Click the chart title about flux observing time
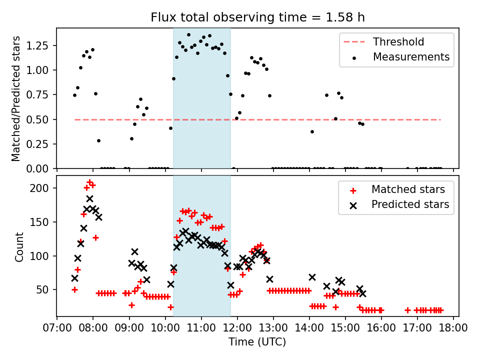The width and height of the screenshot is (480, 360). point(257,17)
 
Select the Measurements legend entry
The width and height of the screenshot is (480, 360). point(411,57)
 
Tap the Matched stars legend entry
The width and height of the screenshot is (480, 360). point(407,189)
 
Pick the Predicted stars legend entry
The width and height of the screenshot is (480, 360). point(410,204)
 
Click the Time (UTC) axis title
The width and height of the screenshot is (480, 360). point(257,342)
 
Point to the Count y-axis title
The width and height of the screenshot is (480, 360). point(19,247)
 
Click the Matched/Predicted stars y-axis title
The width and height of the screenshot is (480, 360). point(16,98)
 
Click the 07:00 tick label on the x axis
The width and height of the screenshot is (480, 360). point(57,328)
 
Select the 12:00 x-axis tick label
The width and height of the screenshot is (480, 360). point(237,328)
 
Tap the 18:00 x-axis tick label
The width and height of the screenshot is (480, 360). point(453,328)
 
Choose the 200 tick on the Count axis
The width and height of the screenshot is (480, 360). point(44,188)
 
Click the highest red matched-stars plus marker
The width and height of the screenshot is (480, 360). point(89,182)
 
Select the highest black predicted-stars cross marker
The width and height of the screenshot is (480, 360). point(89,198)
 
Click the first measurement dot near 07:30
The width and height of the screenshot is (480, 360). point(74,95)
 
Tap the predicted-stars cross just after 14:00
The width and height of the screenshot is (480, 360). point(312,277)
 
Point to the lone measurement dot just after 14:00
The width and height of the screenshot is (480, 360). point(312,131)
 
